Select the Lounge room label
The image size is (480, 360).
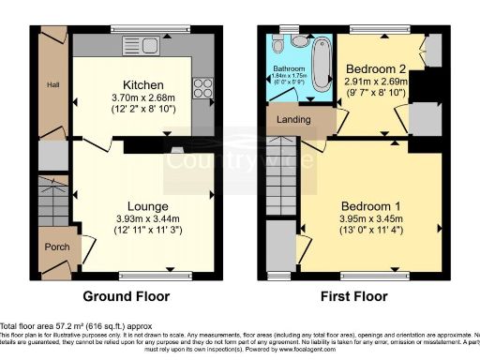tap(148, 206)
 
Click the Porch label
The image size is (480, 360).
tap(55, 247)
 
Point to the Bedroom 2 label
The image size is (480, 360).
tap(375, 68)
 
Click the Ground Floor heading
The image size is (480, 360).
tap(127, 296)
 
